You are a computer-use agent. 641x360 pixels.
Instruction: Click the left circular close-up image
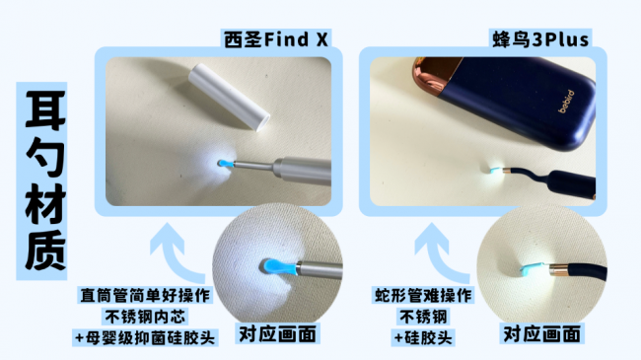click(x=269, y=260)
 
